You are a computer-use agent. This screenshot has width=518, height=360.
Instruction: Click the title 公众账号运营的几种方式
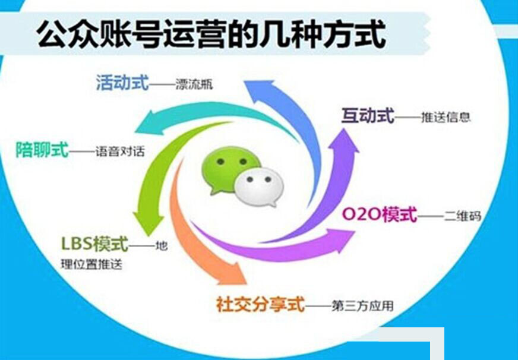(211, 34)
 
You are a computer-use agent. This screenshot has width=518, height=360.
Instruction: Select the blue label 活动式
(122, 82)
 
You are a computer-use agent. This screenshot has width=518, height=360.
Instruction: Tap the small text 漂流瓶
(194, 84)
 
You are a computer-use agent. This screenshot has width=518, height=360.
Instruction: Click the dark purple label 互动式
(368, 116)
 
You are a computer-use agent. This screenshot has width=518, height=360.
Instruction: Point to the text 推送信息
(446, 117)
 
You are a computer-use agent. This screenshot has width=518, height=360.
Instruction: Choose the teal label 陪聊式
(42, 150)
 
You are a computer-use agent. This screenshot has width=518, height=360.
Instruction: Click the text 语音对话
(120, 151)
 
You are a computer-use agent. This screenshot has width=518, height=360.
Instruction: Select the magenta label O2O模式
(379, 214)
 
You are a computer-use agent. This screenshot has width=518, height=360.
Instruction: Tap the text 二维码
(463, 216)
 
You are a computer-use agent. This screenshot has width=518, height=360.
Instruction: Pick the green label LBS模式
(94, 244)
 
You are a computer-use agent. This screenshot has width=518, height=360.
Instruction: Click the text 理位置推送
(91, 264)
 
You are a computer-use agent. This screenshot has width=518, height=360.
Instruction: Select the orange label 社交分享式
(260, 304)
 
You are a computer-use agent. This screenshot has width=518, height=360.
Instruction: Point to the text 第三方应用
(362, 306)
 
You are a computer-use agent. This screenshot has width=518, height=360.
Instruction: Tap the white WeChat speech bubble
(260, 188)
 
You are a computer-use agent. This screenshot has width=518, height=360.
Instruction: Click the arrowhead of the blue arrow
(260, 87)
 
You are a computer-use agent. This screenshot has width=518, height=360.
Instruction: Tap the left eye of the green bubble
(220, 162)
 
